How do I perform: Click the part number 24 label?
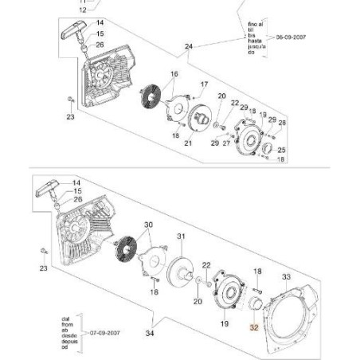[x=188, y=48]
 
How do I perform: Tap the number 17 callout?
[x=204, y=84]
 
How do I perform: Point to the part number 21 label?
[x=189, y=143]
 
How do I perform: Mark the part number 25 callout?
[x=281, y=149]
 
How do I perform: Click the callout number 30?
[x=147, y=225]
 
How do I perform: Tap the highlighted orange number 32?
[x=255, y=327]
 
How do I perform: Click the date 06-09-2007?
[x=287, y=37]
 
